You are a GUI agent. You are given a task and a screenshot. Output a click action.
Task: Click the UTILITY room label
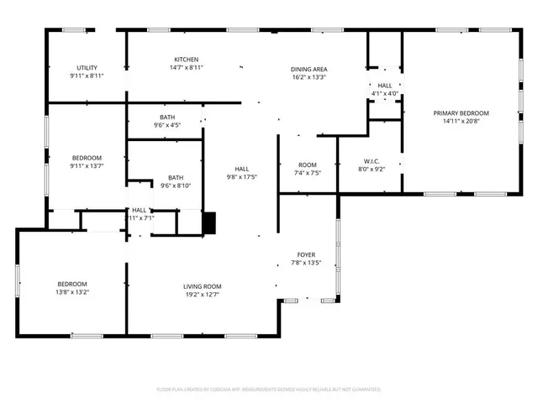[x=87, y=67]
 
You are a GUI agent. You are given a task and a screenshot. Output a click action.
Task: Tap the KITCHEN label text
[x=186, y=60]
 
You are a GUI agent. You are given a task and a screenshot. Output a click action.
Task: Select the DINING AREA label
[x=309, y=69]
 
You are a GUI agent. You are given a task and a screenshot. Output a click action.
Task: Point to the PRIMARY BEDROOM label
[x=461, y=113]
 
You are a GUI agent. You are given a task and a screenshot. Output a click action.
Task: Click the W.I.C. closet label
[x=373, y=160]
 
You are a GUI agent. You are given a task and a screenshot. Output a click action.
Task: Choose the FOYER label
[x=306, y=254]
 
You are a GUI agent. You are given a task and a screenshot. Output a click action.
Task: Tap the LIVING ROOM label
[x=202, y=286]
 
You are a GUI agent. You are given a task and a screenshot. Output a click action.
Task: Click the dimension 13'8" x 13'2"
[x=72, y=294]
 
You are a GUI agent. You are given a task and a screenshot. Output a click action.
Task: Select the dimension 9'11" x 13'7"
[x=87, y=166]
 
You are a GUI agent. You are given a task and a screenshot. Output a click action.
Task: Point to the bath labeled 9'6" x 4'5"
[x=167, y=125]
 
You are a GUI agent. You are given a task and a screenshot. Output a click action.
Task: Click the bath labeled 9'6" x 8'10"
[x=176, y=186]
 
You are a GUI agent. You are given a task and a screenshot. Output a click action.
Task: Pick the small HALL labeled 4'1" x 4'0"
[x=385, y=93]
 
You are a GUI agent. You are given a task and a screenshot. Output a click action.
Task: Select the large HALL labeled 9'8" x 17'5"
[x=241, y=177]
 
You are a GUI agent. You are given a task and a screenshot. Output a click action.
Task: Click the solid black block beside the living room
[x=209, y=222]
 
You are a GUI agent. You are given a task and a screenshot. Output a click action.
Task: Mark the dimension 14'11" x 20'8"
[x=461, y=121]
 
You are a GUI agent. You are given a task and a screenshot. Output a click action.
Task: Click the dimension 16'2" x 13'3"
[x=309, y=77]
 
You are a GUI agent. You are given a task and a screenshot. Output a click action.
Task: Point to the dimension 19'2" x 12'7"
[x=202, y=295]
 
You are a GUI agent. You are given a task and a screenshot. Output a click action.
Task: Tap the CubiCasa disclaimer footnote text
[x=269, y=390]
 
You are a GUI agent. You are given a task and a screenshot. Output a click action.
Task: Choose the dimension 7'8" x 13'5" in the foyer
[x=306, y=263]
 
